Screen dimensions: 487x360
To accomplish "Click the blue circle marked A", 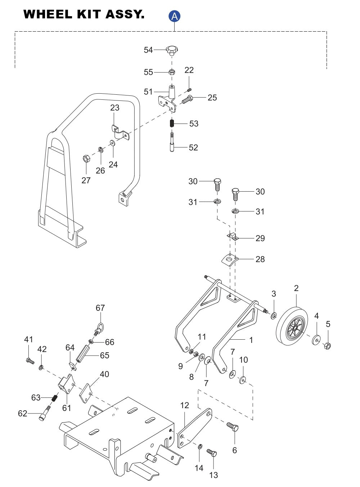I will (174, 16).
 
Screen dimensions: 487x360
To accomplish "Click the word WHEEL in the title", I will (48, 14).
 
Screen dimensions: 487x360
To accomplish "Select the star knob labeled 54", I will (172, 50).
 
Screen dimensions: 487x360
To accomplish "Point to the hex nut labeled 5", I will (327, 346).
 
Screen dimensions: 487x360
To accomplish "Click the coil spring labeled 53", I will (172, 123).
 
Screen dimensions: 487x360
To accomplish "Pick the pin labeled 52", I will (172, 143).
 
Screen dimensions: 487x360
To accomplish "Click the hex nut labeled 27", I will (86, 158).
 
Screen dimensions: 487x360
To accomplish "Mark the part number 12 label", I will (184, 405).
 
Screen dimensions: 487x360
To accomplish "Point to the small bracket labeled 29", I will (233, 236).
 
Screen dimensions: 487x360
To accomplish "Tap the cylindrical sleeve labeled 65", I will (82, 353).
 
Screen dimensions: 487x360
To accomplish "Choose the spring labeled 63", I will (55, 398).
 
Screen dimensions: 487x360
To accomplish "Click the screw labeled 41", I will (29, 360).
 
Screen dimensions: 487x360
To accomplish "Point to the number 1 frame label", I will (251, 340).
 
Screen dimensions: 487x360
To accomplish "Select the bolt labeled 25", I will (188, 99).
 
